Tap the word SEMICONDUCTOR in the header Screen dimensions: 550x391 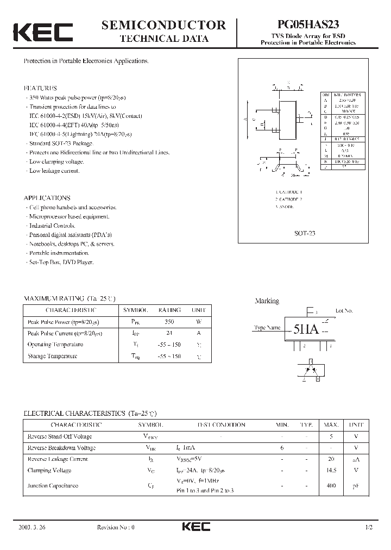coord(163,25)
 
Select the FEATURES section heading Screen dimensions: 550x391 coord(41,88)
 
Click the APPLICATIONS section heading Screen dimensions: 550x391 coord(47,198)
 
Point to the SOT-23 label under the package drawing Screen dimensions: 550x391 coord(304,233)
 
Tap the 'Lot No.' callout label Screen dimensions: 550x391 coord(344,311)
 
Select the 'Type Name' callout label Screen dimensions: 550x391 coord(267,328)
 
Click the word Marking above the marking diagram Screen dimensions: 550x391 coord(267,301)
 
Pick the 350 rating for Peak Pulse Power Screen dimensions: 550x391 coord(169,322)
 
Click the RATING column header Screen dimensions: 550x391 coord(169,310)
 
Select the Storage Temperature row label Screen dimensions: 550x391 coord(52,357)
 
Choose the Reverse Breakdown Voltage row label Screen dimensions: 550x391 coord(61,448)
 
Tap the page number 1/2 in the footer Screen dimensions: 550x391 coord(370,527)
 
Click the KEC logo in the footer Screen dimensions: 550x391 coord(195,527)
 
